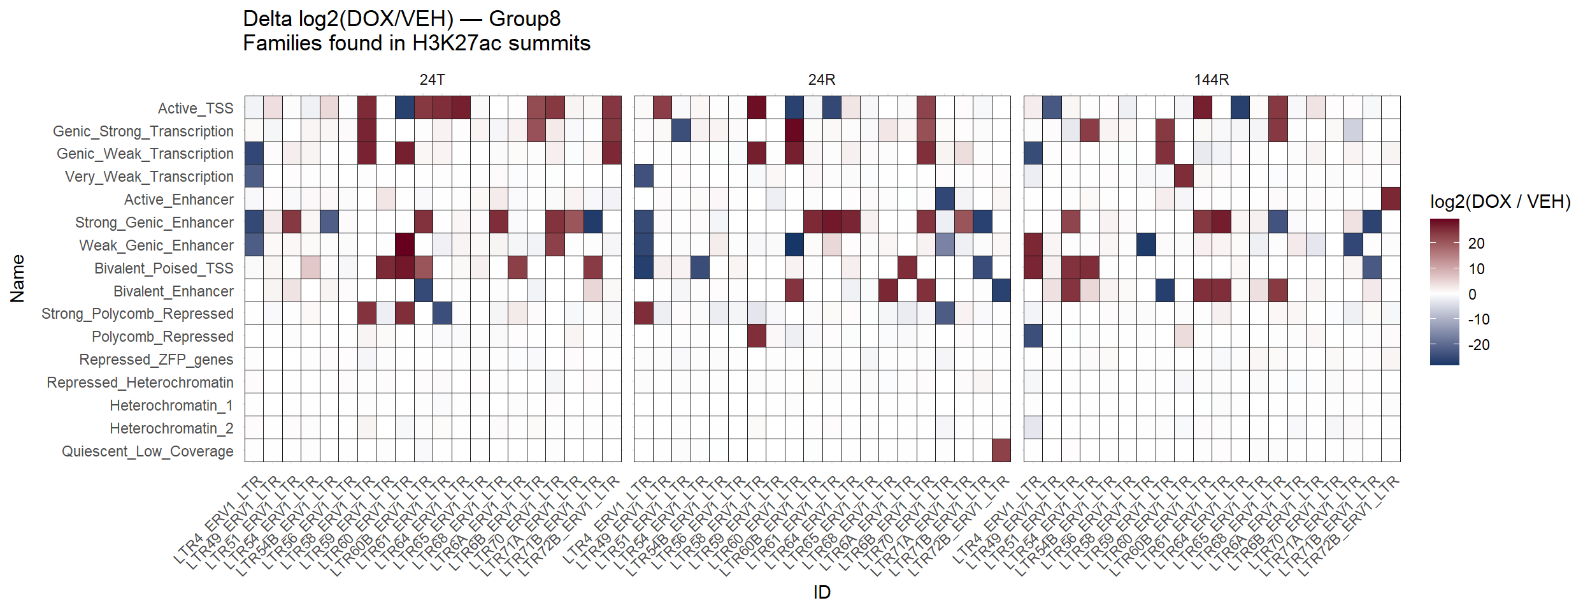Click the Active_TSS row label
(x=196, y=108)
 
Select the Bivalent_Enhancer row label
(x=173, y=291)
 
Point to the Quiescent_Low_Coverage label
(x=147, y=451)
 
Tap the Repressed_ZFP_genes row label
(x=156, y=360)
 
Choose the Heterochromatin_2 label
(x=171, y=428)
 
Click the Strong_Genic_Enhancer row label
(x=154, y=222)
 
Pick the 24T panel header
(x=432, y=80)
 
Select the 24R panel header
(x=821, y=80)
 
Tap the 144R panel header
(x=1211, y=80)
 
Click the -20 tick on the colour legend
(x=1479, y=345)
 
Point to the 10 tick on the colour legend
(x=1476, y=269)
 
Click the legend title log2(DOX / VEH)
(x=1500, y=202)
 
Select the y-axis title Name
(x=18, y=279)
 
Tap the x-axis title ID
(x=822, y=592)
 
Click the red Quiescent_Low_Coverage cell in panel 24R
(x=1001, y=451)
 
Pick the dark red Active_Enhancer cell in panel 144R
(x=1391, y=199)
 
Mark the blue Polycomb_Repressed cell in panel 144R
(x=1033, y=336)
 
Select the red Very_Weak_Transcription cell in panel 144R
(x=1184, y=176)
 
